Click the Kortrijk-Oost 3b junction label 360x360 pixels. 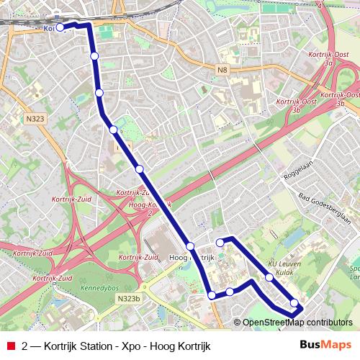point(339,99)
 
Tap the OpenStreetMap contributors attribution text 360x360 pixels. point(297,323)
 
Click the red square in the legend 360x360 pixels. point(10,345)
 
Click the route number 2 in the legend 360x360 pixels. point(26,345)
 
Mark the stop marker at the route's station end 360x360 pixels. point(60,27)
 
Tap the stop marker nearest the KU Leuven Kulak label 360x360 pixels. point(269,277)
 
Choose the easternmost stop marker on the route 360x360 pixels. point(294,303)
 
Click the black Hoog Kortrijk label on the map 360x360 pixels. point(192,257)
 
